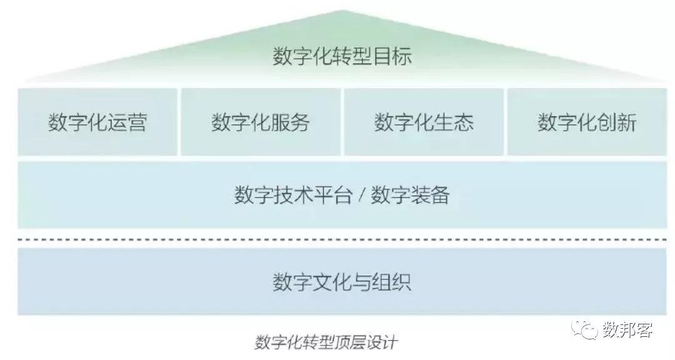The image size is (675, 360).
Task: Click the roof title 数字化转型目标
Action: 342,56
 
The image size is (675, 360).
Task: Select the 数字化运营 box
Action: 97,122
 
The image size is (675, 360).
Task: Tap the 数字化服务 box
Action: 261,122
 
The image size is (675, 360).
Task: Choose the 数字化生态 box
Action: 424,122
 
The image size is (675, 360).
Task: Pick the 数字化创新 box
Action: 587,122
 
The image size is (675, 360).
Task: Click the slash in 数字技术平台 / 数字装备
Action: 361,195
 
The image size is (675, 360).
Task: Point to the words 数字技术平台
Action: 293,194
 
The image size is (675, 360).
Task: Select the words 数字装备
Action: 410,194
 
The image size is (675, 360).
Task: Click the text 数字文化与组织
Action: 342,282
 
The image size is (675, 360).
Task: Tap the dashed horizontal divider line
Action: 342,239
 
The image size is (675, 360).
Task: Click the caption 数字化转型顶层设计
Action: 326,342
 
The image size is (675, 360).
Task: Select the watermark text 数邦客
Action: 627,330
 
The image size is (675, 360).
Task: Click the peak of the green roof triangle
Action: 342,11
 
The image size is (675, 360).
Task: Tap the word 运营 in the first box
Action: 127,122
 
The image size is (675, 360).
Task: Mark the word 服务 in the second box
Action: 291,122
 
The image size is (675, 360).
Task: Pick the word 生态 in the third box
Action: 454,122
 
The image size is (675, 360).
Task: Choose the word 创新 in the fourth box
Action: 617,122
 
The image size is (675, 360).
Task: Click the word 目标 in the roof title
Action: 392,56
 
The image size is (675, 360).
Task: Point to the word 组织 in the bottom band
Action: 392,282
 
